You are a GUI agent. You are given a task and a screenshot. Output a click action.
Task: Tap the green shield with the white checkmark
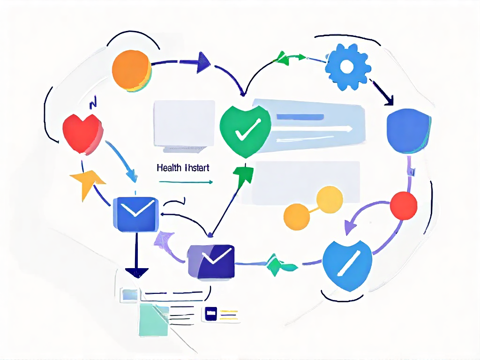pyautogui.click(x=245, y=130)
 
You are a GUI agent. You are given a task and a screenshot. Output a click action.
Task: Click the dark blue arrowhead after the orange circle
pyautogui.click(x=203, y=62)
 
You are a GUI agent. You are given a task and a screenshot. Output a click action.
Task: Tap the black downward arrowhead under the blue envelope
pyautogui.click(x=137, y=273)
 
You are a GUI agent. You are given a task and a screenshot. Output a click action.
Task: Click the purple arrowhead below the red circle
pyautogui.click(x=350, y=227)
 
